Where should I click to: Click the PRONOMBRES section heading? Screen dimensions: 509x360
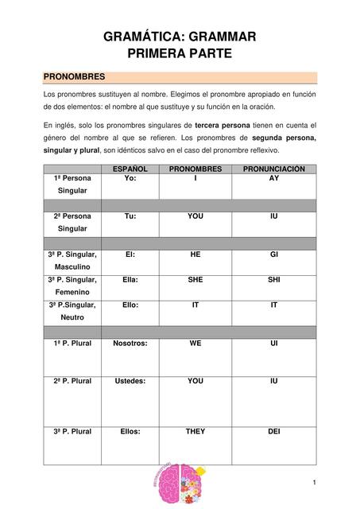click(74, 77)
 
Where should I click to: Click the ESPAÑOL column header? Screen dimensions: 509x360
click(130, 169)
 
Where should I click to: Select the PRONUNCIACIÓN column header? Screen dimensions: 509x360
click(274, 169)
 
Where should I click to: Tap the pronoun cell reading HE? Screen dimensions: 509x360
click(195, 254)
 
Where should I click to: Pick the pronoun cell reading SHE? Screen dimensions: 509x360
click(195, 279)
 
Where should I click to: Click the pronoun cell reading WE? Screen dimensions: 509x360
click(195, 343)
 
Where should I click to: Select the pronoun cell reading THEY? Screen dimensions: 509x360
click(195, 431)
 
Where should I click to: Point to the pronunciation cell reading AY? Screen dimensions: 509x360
click(274, 179)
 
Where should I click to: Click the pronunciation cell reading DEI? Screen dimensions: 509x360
click(274, 431)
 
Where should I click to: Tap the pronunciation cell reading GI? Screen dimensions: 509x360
click(274, 254)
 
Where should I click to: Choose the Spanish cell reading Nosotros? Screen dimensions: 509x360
click(130, 343)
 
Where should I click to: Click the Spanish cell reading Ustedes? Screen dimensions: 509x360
click(130, 381)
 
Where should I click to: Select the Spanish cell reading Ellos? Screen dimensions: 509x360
click(130, 431)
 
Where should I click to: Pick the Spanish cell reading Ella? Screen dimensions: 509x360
click(130, 279)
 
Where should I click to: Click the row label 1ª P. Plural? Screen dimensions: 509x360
click(72, 343)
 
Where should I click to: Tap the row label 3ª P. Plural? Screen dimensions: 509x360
click(72, 431)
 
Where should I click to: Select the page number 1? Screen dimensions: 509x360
click(315, 483)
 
